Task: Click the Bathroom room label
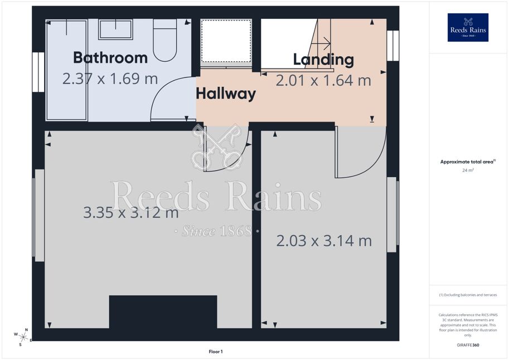110,58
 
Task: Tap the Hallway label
226,94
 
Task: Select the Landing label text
324,60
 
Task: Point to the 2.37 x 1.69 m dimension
110,79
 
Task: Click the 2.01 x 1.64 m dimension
323,80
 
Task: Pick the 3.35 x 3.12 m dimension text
131,213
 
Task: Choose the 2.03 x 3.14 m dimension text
324,241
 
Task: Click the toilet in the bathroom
165,40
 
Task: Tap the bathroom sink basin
115,30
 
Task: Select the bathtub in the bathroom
67,70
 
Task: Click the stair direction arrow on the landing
324,43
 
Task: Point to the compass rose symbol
23,337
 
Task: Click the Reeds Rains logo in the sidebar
468,28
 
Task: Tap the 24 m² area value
468,170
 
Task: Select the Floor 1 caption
216,352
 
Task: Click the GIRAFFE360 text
468,345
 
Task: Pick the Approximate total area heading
467,162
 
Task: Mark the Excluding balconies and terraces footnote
468,295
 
